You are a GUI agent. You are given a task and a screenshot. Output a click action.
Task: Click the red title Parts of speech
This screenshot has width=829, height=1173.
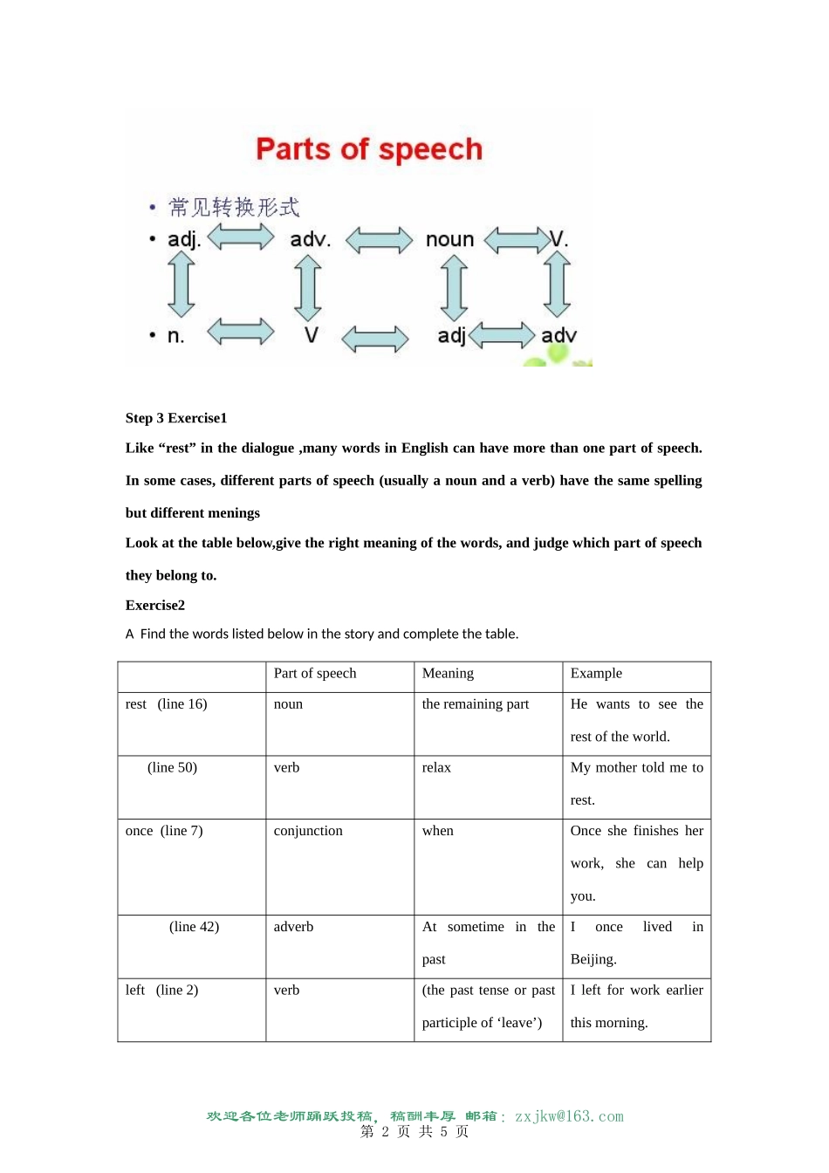[x=368, y=149]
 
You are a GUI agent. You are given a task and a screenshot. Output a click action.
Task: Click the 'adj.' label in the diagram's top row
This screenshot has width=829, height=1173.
[x=184, y=239]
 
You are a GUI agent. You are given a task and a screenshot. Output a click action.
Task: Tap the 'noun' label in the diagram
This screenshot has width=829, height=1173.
[x=449, y=239]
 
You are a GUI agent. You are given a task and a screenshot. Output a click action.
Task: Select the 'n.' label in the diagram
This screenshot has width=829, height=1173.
[x=175, y=336]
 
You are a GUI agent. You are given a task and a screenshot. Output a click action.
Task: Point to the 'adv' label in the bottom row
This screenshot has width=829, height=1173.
[x=558, y=335]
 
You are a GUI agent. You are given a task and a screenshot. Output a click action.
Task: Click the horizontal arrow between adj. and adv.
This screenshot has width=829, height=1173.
[x=241, y=237]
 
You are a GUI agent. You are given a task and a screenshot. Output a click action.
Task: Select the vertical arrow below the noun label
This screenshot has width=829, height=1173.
[x=454, y=289]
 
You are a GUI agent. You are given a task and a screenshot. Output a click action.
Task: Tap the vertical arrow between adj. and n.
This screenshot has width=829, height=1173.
[x=182, y=285]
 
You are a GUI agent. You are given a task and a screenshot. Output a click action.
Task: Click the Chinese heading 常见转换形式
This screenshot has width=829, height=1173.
[x=234, y=208]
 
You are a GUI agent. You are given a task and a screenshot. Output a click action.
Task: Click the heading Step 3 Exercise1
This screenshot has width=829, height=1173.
[x=176, y=418]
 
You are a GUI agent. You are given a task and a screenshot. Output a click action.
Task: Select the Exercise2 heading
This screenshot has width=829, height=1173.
[x=155, y=605]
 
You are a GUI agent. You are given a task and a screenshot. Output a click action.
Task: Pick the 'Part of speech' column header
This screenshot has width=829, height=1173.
[x=315, y=673]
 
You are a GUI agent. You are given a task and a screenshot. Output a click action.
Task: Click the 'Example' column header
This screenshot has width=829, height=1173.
[x=596, y=673]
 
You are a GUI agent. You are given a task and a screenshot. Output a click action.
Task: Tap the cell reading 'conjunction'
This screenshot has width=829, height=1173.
[x=308, y=831]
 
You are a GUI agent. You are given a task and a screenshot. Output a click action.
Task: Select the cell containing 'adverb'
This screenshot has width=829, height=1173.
[x=293, y=927]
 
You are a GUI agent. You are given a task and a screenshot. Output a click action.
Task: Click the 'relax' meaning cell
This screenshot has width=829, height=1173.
[x=436, y=767]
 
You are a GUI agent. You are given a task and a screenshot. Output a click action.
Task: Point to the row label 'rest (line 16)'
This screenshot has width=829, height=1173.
[x=166, y=704]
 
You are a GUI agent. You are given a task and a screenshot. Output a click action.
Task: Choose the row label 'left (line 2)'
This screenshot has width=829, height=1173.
[x=161, y=990]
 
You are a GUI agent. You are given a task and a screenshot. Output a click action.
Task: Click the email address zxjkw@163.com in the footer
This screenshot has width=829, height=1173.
[x=569, y=1116]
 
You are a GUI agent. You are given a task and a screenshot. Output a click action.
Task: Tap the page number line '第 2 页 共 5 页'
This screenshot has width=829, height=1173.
[x=414, y=1132]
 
